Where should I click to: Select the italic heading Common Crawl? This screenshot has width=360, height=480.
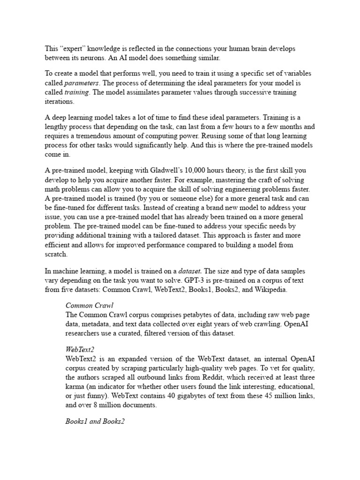[89, 306]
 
